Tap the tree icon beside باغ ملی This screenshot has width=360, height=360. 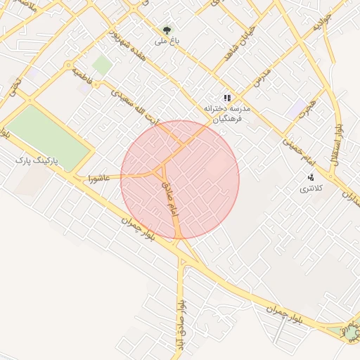167,30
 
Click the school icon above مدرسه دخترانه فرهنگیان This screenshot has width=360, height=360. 226,98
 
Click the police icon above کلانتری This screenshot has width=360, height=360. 310,177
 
